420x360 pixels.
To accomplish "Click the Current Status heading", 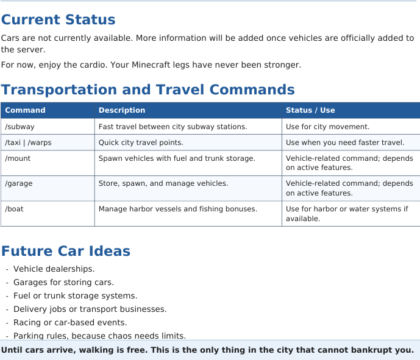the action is (x=58, y=19).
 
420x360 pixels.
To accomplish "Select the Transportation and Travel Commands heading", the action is (x=148, y=90).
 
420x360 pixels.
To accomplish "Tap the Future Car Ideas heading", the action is (x=66, y=251).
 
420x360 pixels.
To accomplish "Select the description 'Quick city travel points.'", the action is (x=141, y=143).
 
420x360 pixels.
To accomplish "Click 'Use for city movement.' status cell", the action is (x=327, y=127).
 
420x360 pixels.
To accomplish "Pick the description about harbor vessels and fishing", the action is (x=178, y=209).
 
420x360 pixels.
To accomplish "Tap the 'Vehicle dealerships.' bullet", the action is (x=54, y=269).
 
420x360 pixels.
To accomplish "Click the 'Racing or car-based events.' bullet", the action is (x=70, y=322).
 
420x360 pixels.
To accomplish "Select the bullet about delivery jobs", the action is (x=90, y=309).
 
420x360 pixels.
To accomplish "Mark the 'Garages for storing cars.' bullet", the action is (x=64, y=282).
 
